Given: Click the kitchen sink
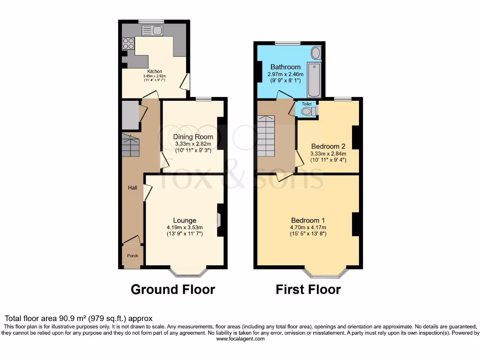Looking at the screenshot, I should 151,30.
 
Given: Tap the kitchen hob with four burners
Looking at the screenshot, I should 128,43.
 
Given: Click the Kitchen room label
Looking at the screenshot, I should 155,72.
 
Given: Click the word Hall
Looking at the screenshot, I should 133,187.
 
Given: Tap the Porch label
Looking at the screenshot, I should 133,256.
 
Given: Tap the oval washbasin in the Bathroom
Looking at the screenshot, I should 316,52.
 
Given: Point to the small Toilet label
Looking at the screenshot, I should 306,104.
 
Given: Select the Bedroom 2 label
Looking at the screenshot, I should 328,146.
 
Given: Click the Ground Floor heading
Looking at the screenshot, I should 172,290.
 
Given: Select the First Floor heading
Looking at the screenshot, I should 308,290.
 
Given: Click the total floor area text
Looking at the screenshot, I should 78,318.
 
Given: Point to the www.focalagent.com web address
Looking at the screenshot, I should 240,338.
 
